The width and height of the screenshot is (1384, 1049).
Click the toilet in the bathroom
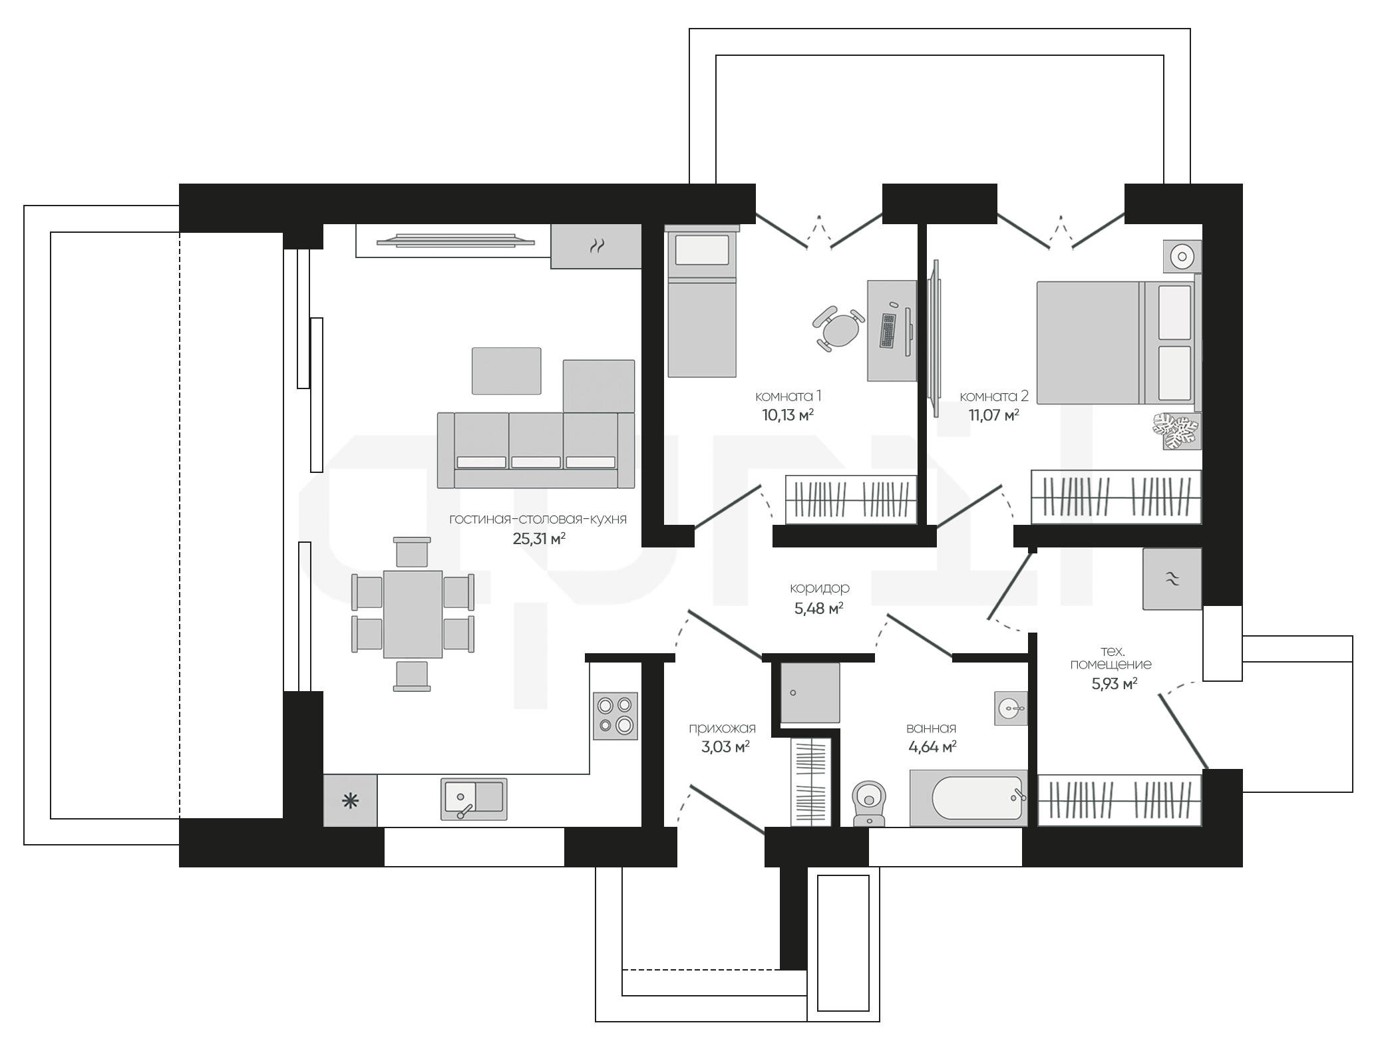pos(870,802)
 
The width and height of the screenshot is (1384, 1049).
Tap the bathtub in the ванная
pos(968,798)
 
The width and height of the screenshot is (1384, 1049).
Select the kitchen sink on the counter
pos(474,799)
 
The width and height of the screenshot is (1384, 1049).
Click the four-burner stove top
pos(615,716)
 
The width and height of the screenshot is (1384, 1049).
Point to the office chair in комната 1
pos(839,328)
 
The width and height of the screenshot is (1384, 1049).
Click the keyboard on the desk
pos(888,331)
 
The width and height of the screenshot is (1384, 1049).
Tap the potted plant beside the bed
pos(1176,430)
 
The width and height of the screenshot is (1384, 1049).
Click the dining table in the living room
pos(413,614)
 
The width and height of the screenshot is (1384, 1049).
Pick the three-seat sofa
pos(536,450)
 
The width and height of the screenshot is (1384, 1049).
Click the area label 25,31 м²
pos(539,538)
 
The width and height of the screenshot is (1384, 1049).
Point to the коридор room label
pos(819,588)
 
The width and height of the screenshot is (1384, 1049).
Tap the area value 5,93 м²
pos(1114,683)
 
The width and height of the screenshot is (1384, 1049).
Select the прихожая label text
pos(722,728)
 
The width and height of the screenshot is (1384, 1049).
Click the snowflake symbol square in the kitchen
pos(350,801)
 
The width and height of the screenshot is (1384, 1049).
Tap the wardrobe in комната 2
pos(1117,497)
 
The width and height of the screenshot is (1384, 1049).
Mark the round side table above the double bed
pos(1182,256)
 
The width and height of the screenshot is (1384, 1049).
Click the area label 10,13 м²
pos(788,416)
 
